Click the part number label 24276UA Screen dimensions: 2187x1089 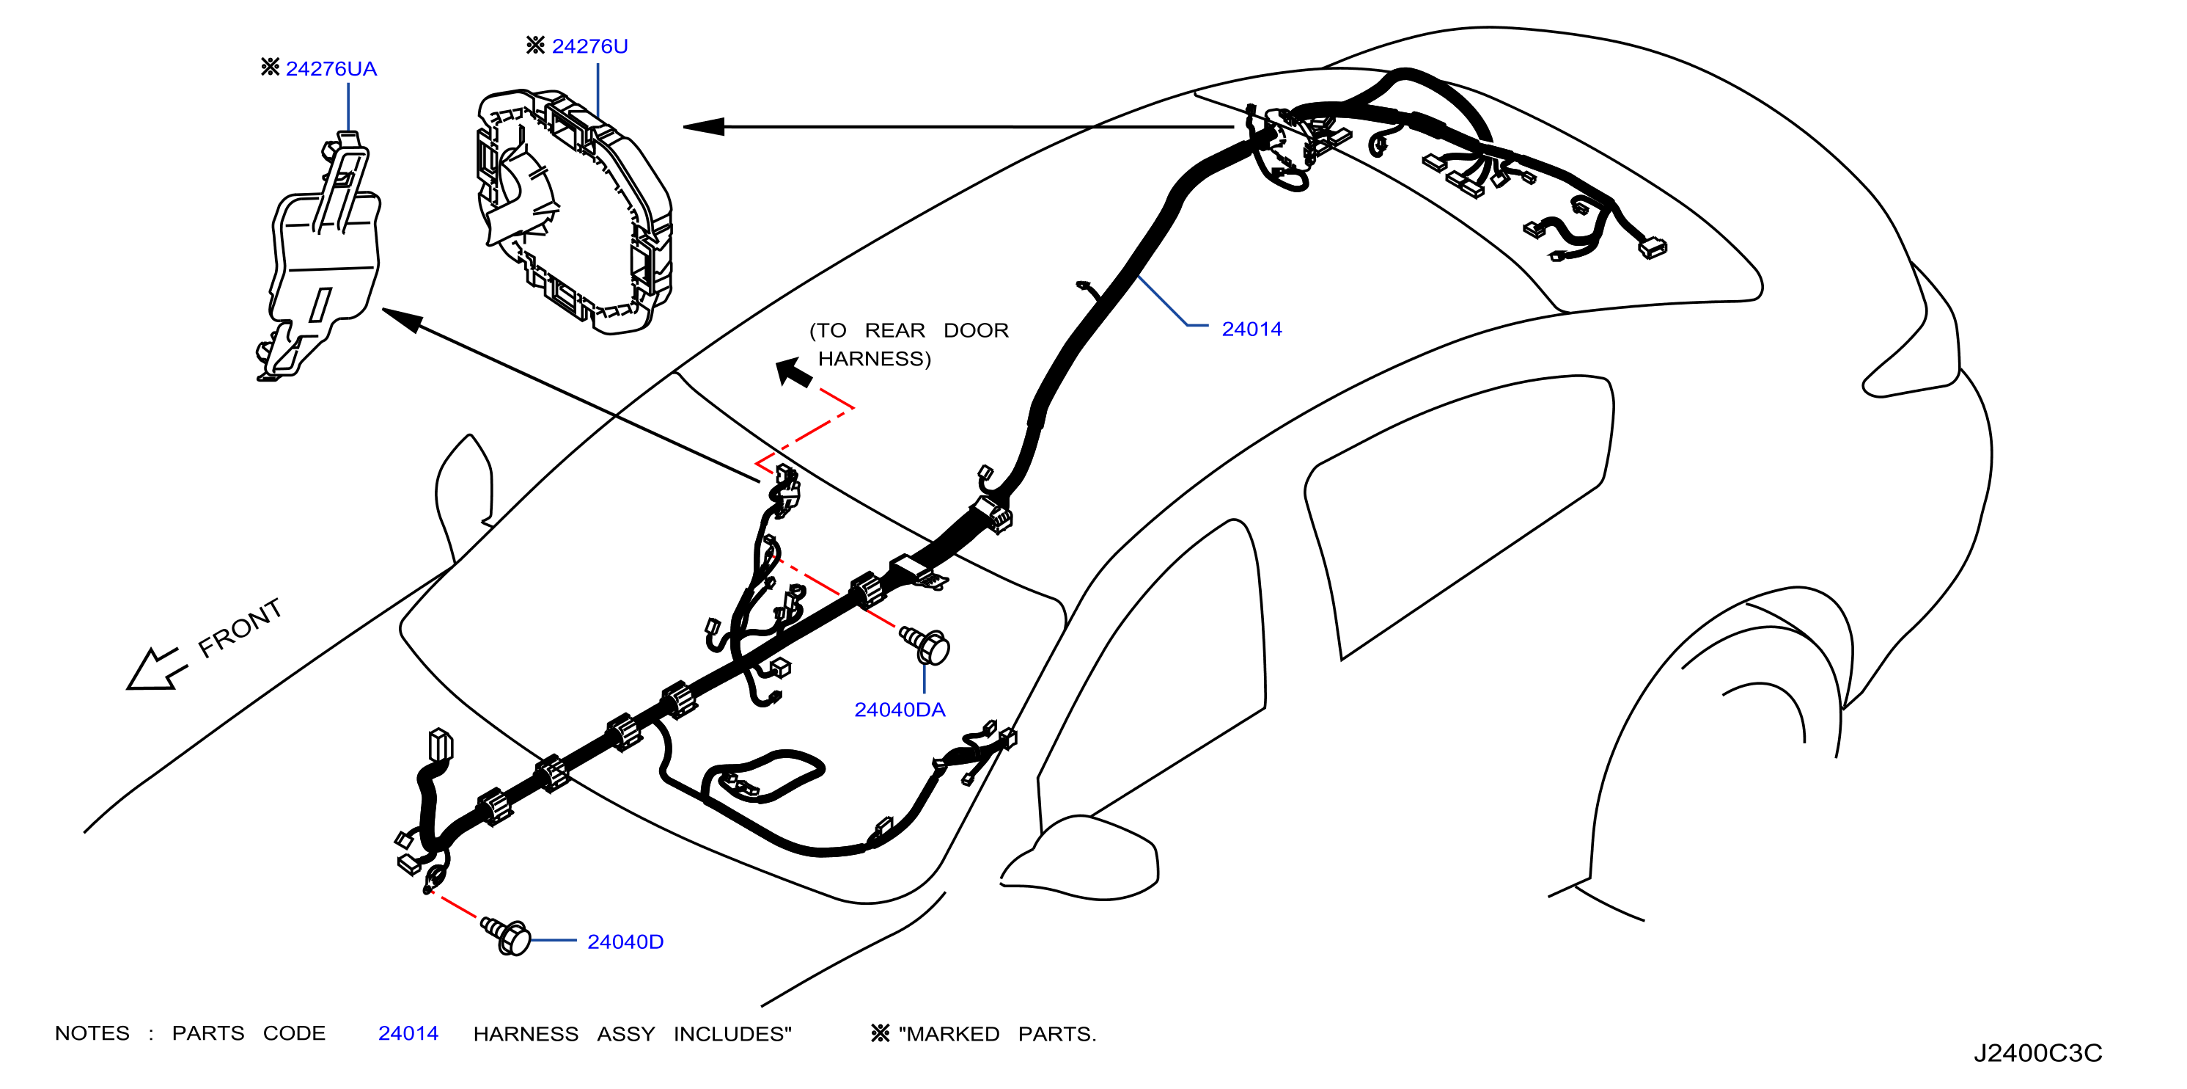[331, 69]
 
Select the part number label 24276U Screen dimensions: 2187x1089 [590, 46]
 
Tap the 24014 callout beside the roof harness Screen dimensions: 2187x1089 [1251, 329]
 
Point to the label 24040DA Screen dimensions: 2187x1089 [899, 710]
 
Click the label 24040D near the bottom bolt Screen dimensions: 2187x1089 [625, 942]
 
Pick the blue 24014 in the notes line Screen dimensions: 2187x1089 [408, 1033]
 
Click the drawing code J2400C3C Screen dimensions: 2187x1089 [2037, 1053]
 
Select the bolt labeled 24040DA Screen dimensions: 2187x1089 [925, 645]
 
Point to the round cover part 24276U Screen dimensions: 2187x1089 [574, 211]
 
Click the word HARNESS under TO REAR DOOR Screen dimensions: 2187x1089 [874, 360]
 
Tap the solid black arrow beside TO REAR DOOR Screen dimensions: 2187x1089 [794, 373]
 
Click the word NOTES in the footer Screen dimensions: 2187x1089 [92, 1033]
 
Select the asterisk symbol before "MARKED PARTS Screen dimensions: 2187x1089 [881, 1033]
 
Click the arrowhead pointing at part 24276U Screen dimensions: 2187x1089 [703, 126]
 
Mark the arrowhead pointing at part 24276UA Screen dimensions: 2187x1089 [403, 319]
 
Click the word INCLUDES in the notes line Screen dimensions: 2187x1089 [732, 1034]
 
